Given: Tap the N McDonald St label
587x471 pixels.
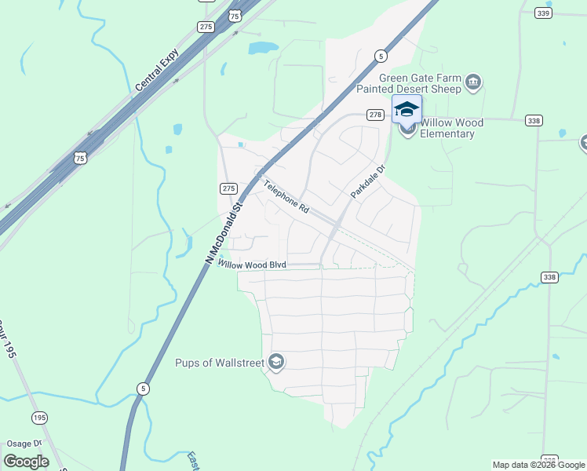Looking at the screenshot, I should coord(224,228).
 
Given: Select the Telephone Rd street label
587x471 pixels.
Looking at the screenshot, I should coord(286,198).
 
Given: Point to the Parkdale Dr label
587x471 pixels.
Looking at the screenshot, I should coord(368,181).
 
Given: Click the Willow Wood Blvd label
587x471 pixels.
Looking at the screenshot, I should coord(252,265).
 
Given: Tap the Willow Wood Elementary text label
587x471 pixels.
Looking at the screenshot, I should coord(451,128).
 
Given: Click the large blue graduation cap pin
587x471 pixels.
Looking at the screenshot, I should coord(407,108).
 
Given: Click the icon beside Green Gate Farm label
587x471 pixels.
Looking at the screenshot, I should coord(473,82).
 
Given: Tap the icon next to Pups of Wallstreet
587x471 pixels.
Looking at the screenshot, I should coord(275,362).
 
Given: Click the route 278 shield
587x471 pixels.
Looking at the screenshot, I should coord(376,115).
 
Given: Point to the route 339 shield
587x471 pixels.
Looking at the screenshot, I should coord(542,13).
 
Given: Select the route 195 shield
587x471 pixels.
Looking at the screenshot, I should coord(38,416).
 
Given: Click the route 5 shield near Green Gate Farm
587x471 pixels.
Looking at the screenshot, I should coord(380,55).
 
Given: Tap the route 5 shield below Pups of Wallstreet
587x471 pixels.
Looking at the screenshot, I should coord(142,388).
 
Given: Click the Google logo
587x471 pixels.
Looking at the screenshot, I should coord(26,462).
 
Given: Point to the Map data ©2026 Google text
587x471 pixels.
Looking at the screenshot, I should coord(538,465).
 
